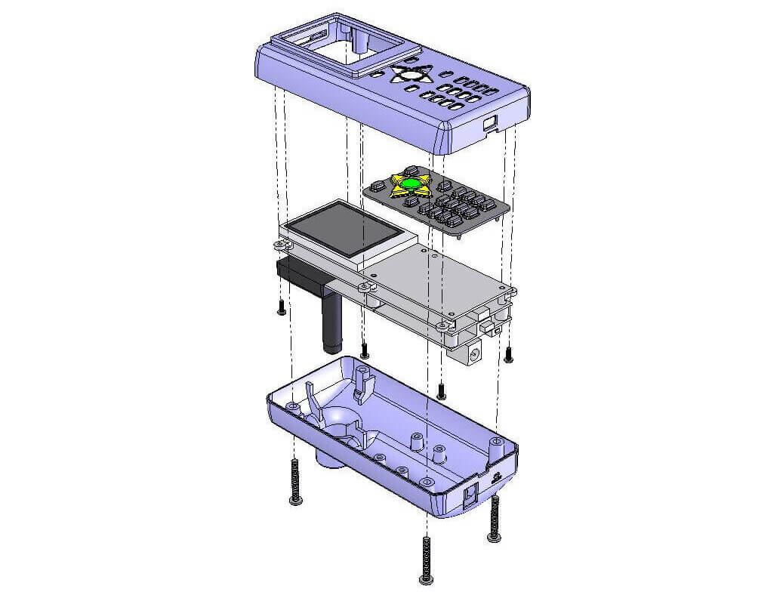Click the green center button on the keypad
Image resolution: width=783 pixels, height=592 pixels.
point(411,183)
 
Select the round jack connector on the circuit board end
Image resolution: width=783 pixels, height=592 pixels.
point(475,351)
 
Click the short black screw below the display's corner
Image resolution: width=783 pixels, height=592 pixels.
point(281,307)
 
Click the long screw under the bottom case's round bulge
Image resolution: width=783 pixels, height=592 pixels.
point(294,483)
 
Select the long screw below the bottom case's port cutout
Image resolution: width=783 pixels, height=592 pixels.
point(495,519)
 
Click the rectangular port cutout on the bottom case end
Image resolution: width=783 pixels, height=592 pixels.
point(469,494)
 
